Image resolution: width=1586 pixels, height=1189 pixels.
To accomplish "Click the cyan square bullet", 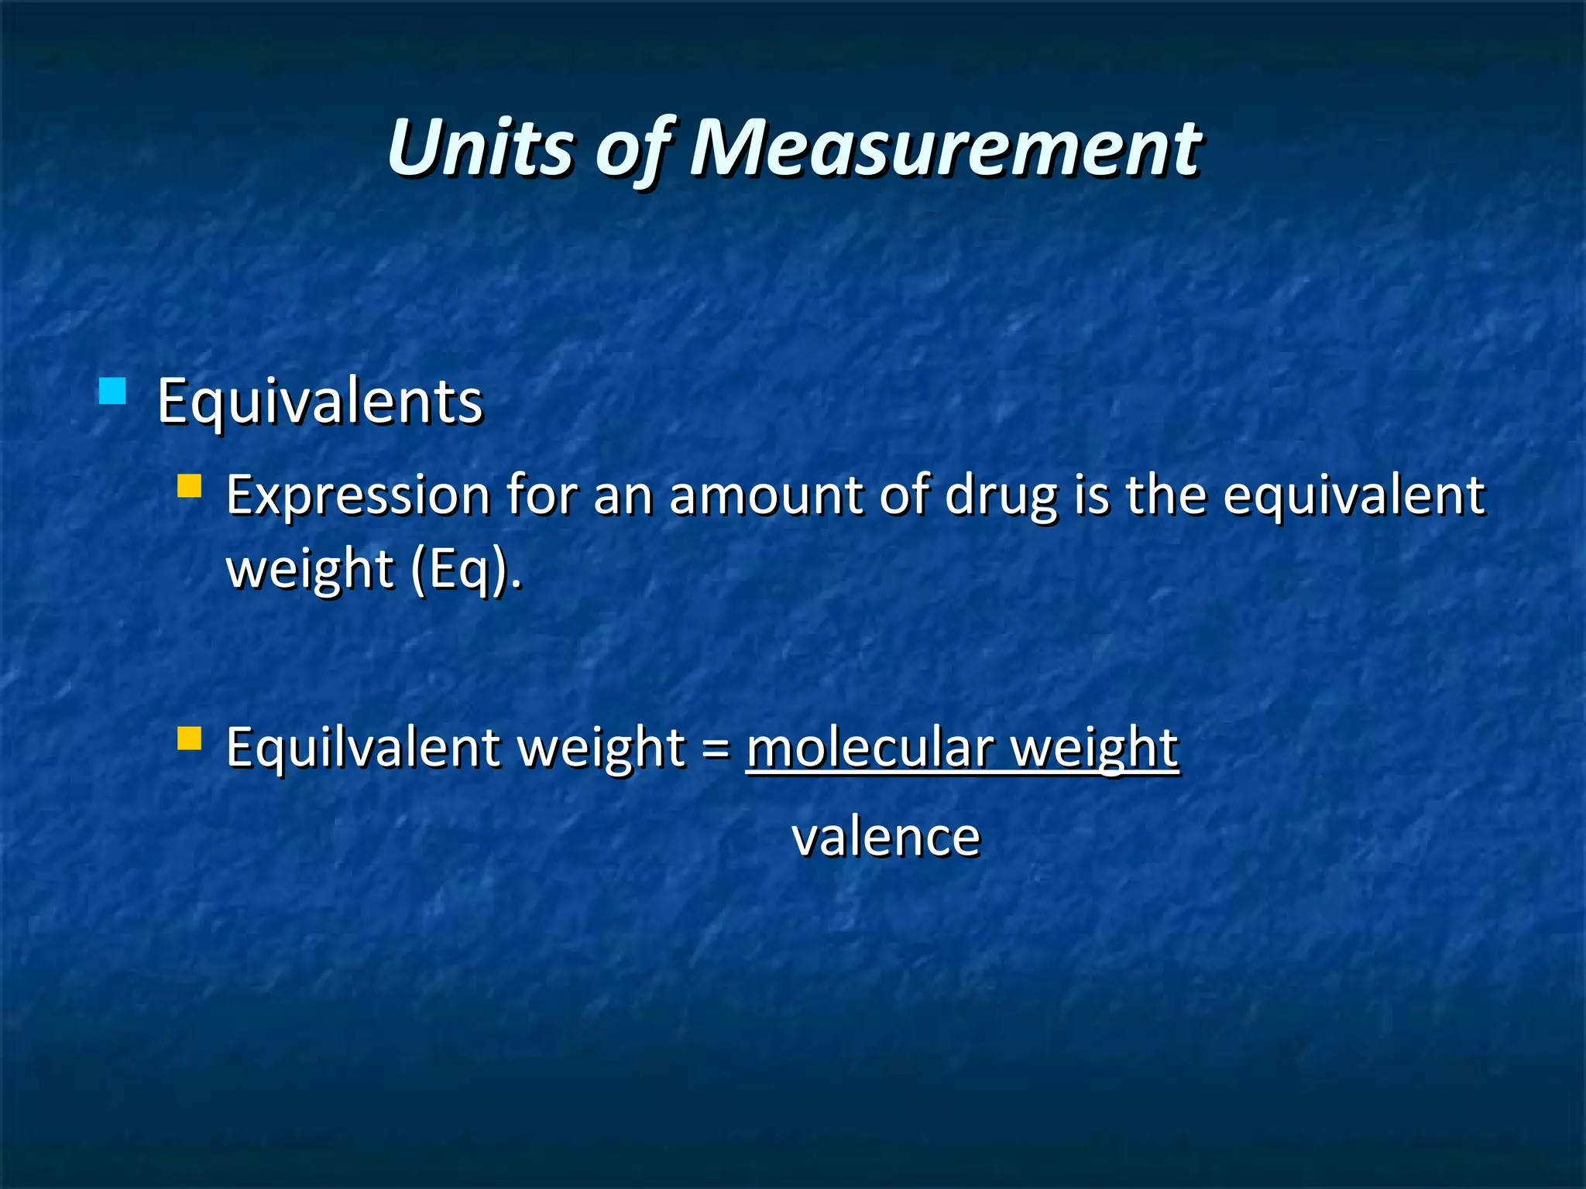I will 112,391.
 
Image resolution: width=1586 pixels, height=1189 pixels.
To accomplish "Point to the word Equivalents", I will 320,402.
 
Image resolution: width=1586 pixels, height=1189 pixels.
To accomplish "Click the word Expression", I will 358,495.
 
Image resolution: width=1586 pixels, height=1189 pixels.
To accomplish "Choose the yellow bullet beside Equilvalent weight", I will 189,738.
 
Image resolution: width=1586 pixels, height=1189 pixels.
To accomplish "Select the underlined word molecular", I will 870,749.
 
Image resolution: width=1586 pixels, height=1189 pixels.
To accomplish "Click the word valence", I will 886,838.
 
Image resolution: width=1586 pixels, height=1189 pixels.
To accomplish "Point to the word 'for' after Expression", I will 542,495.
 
